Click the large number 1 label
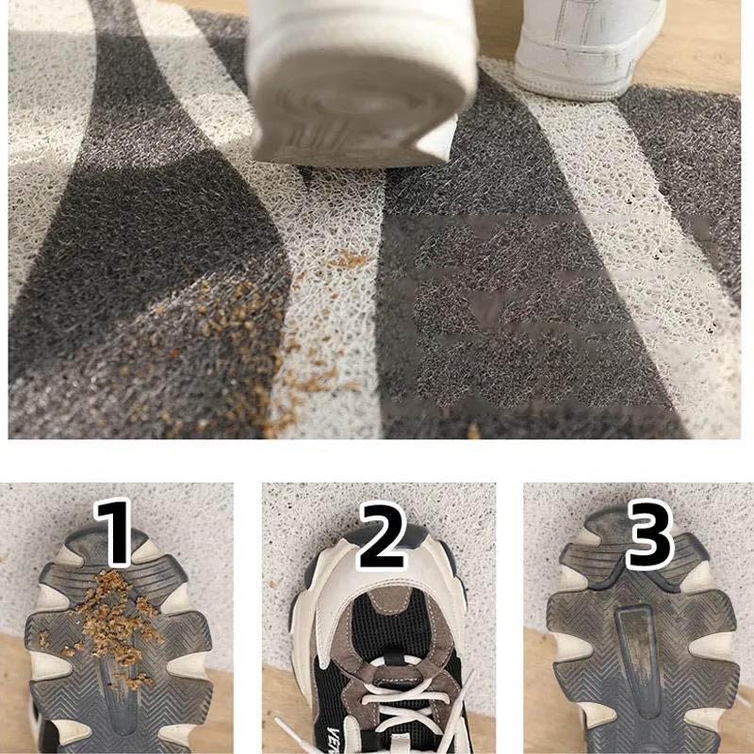point(115,533)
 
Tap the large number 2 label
point(378,533)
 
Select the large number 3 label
point(647,533)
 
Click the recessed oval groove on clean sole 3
point(633,650)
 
